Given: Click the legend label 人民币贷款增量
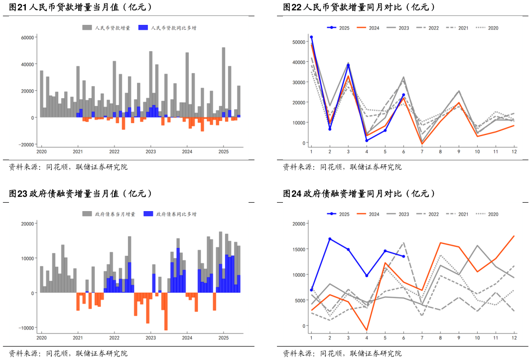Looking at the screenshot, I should point(112,28).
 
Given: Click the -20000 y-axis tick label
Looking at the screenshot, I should point(25,144).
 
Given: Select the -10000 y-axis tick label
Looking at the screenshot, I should point(25,328).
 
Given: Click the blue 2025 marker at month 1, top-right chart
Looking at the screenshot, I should point(311,37).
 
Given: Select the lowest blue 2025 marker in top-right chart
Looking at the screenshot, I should point(367,140).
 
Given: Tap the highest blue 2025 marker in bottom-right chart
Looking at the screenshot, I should point(330,239).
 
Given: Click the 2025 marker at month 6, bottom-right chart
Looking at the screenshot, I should point(403,256).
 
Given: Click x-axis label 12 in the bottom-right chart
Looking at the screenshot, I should point(514,338).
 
